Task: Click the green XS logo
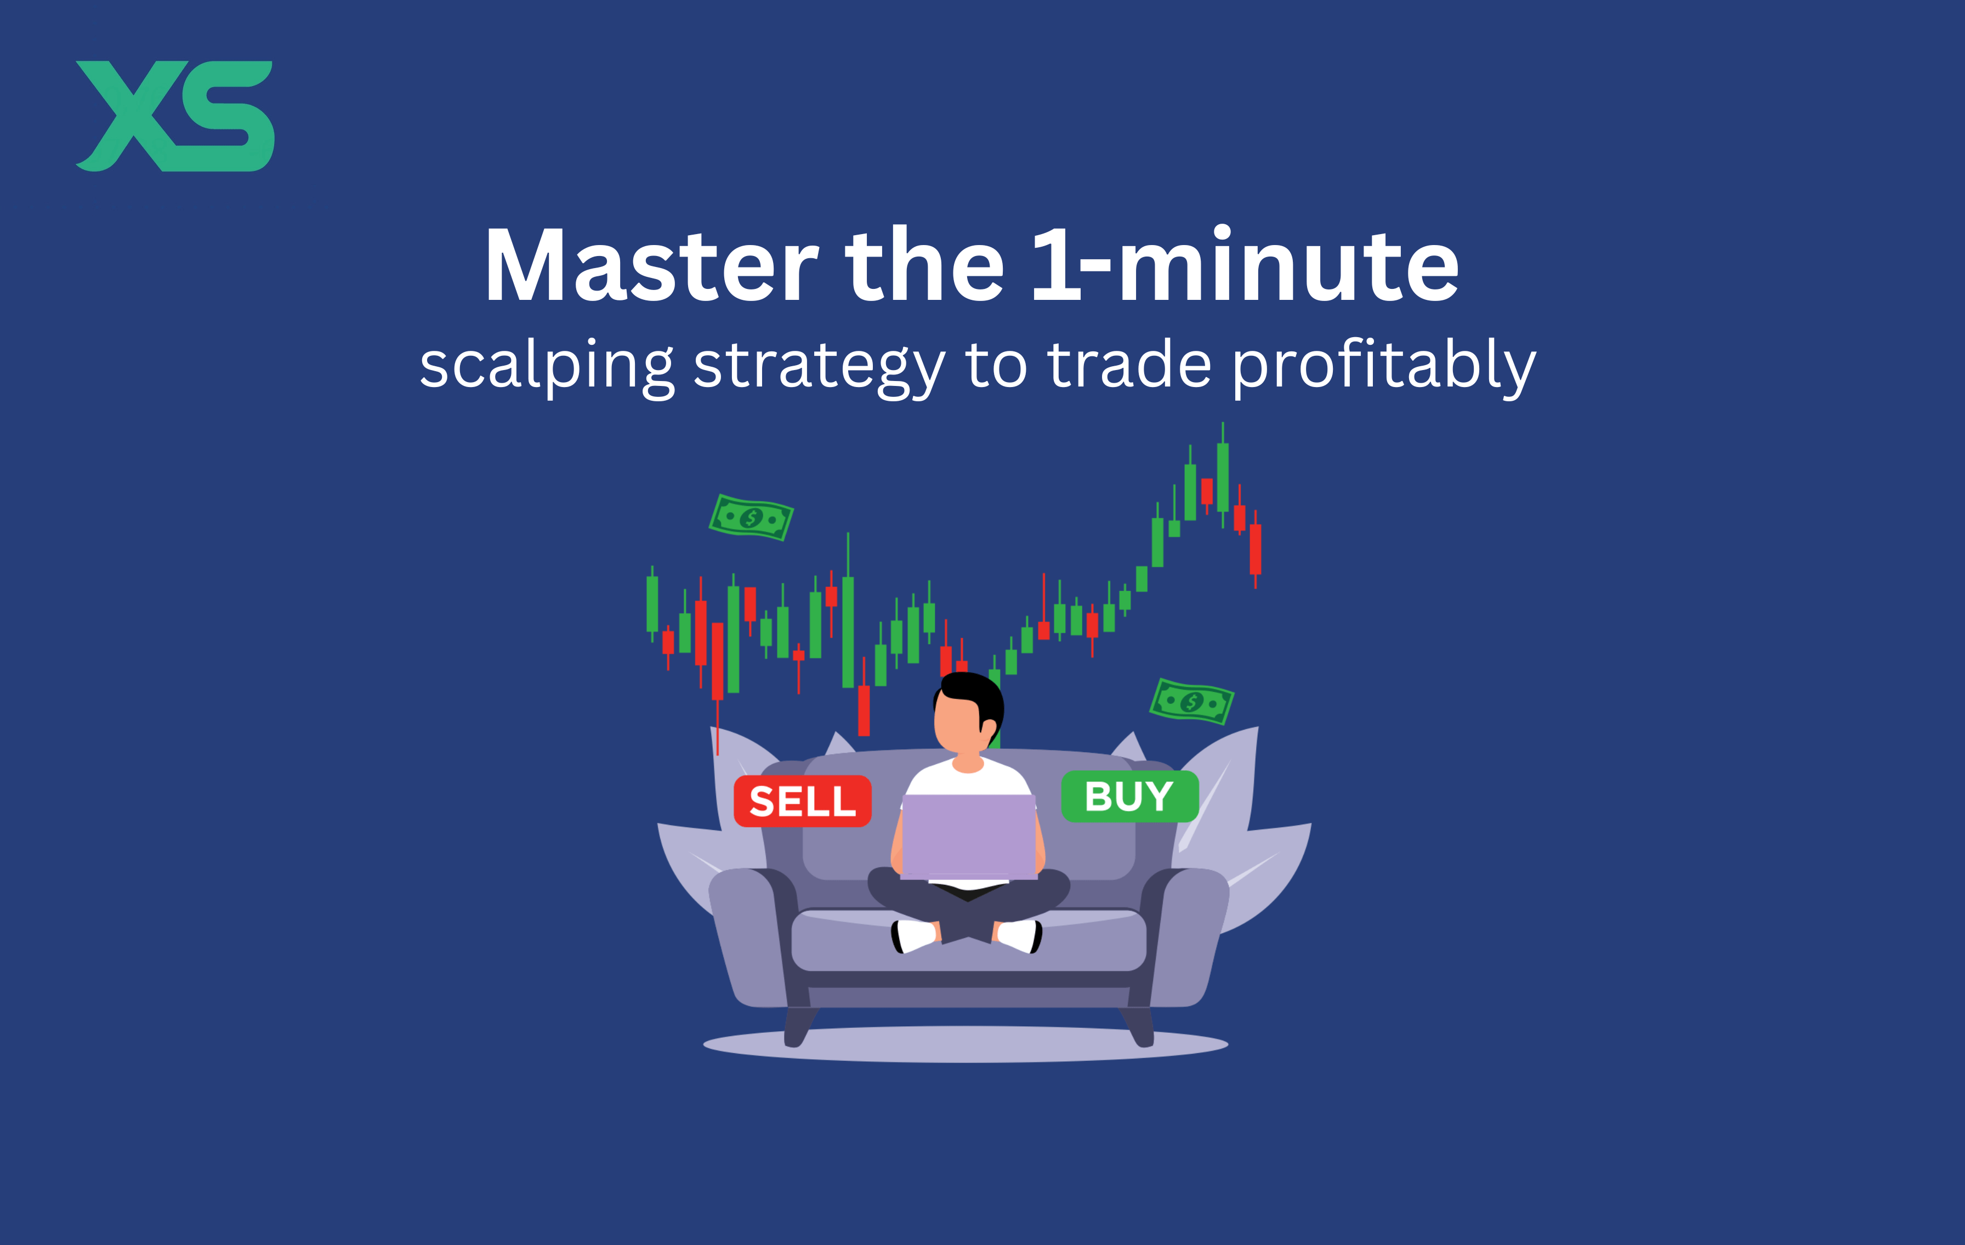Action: point(175,116)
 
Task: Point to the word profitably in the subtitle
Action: point(1384,367)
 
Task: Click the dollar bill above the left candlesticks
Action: point(751,518)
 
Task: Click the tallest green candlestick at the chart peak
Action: point(1223,477)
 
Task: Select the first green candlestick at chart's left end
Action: point(652,604)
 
